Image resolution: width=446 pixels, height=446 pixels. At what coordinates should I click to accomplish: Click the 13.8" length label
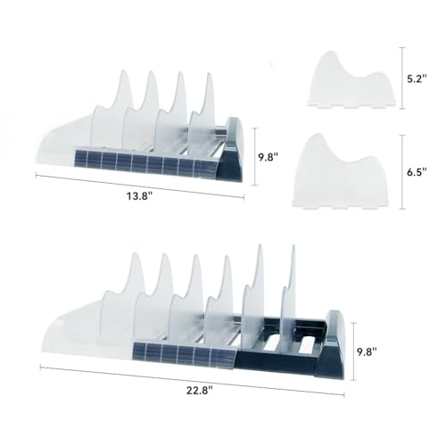[140, 196]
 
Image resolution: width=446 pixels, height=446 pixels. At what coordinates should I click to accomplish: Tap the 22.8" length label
[200, 390]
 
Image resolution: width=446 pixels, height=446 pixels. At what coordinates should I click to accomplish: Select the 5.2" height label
[417, 78]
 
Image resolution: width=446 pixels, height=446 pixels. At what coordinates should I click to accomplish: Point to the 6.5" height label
[417, 172]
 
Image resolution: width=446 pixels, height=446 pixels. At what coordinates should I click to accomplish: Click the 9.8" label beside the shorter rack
[268, 157]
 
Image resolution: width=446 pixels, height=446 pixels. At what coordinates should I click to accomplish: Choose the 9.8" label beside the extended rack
[367, 351]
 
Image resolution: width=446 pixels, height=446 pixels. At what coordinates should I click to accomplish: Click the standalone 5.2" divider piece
[351, 80]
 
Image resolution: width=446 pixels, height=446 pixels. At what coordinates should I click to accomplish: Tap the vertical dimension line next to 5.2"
[402, 78]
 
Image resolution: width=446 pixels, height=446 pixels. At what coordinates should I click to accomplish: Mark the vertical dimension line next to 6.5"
[402, 172]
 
